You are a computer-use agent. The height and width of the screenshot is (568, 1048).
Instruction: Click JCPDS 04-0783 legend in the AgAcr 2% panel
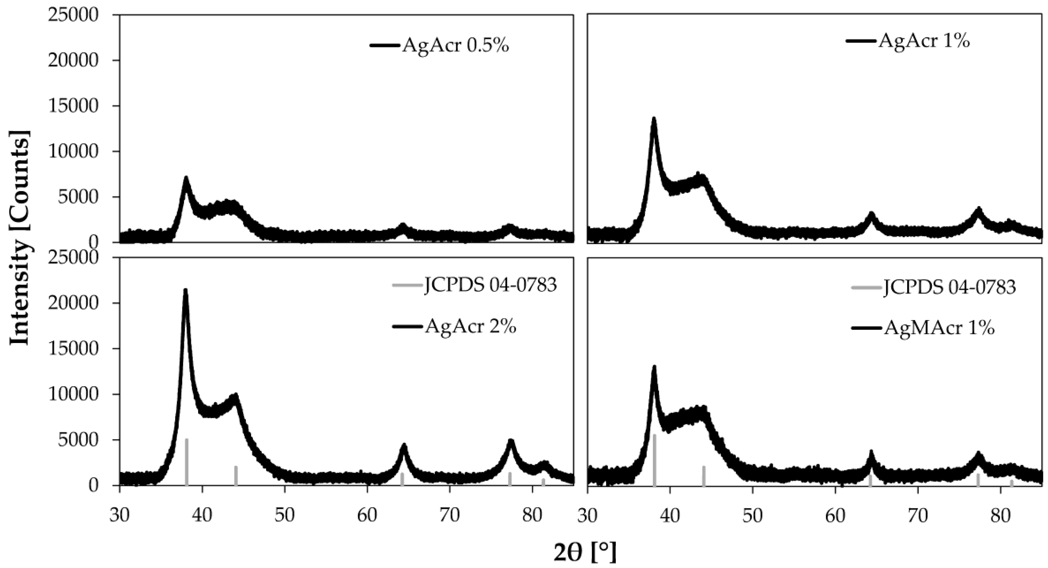pos(490,286)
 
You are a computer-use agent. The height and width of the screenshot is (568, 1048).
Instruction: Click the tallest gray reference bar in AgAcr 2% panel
pos(186,462)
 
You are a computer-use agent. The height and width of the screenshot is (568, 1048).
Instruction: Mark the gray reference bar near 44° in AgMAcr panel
pos(704,475)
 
